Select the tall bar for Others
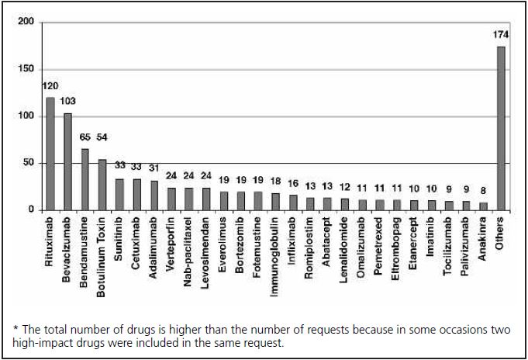501,128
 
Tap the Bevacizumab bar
68,161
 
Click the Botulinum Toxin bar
102,185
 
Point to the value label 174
501,34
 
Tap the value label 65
85,137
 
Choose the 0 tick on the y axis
31,210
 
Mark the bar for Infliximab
293,202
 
